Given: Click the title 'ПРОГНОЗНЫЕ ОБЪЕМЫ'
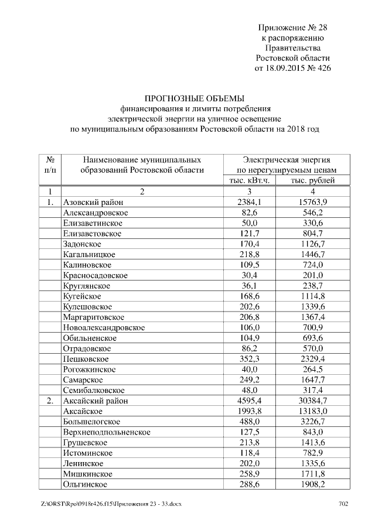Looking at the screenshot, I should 194,98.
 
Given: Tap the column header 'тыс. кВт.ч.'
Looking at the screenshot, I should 250,180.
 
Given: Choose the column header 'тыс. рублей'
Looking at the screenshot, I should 313,180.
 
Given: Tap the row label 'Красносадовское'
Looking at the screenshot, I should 95,275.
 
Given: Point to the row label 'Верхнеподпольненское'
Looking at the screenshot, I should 107,432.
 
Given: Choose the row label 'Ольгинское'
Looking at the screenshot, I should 84,484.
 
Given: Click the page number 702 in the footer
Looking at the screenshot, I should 344,504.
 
